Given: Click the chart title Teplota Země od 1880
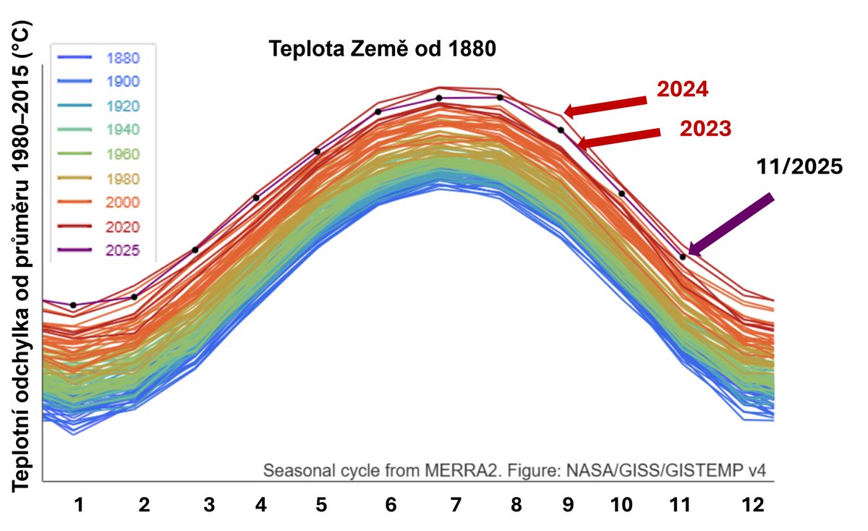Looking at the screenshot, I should click(381, 50).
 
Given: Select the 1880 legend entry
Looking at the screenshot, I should click(122, 58).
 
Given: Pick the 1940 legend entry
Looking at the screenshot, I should click(122, 130).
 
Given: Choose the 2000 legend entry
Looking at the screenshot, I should click(122, 203).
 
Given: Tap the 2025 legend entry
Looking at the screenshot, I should click(122, 251).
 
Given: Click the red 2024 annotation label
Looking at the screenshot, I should click(681, 90).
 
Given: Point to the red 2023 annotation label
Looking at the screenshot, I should click(706, 129).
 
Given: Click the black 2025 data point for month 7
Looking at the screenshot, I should click(439, 98).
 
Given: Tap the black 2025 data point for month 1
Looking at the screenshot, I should click(73, 305).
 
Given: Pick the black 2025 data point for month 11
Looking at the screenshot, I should click(682, 257).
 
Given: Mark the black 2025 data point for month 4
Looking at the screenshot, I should click(256, 197).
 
